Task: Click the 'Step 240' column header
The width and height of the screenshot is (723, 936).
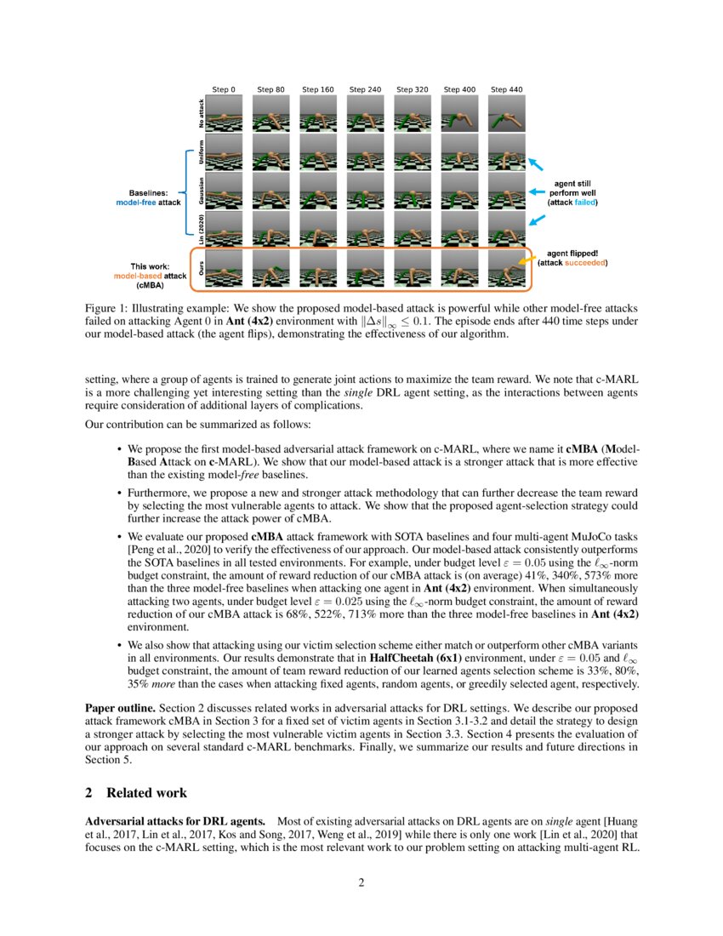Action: [x=365, y=89]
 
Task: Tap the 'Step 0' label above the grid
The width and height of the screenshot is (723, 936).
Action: [x=224, y=89]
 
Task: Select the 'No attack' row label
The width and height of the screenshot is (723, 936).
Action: [x=201, y=113]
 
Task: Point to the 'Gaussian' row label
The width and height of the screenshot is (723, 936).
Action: [x=201, y=191]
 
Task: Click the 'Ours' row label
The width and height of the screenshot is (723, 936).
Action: [x=201, y=271]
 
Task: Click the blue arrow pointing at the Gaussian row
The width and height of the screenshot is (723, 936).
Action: [x=537, y=192]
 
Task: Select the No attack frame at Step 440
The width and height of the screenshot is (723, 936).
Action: [x=506, y=113]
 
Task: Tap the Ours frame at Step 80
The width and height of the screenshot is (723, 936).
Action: [x=270, y=269]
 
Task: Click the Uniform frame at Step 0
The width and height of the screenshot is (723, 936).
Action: [x=224, y=152]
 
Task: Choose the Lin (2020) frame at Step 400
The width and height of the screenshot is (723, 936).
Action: [x=459, y=230]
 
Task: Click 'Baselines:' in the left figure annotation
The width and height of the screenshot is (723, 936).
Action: [x=149, y=193]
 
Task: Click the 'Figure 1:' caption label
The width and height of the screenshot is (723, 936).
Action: [x=105, y=308]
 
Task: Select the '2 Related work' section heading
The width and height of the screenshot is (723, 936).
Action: [x=136, y=793]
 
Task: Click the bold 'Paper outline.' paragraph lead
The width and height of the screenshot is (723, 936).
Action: [x=120, y=708]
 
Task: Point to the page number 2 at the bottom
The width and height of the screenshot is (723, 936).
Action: [x=361, y=882]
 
